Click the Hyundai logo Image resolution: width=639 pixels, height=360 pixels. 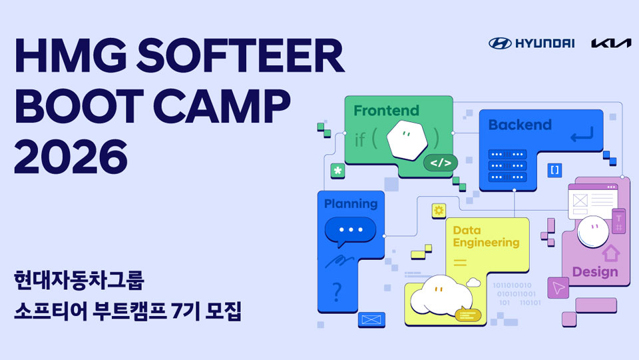pos(531,43)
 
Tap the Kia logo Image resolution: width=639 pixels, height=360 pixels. pos(611,43)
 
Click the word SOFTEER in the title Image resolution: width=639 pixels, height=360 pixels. pos(240,55)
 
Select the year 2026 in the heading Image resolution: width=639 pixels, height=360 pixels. pos(71,156)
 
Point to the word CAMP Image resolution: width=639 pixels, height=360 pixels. pos(222,106)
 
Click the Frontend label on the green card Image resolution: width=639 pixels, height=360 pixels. pos(386,111)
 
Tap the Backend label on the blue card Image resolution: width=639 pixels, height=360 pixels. pos(520,125)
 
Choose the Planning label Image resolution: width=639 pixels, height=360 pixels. pos(351,204)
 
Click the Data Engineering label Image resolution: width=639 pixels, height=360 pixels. pos(486,236)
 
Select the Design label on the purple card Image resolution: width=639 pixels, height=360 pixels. pos(595,271)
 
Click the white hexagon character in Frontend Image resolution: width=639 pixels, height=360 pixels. pos(407,140)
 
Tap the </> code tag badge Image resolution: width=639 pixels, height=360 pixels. pos(441,163)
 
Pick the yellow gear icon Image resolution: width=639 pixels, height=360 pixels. pos(439,211)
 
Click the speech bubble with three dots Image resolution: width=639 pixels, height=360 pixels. pos(350,231)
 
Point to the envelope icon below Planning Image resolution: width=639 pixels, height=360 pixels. pos(371,319)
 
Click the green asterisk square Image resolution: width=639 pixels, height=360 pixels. pos(337,171)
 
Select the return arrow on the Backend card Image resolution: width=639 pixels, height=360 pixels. pos(582,134)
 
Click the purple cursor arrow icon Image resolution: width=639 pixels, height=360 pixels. pos(558,287)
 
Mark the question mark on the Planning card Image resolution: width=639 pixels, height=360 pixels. pos(337,292)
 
